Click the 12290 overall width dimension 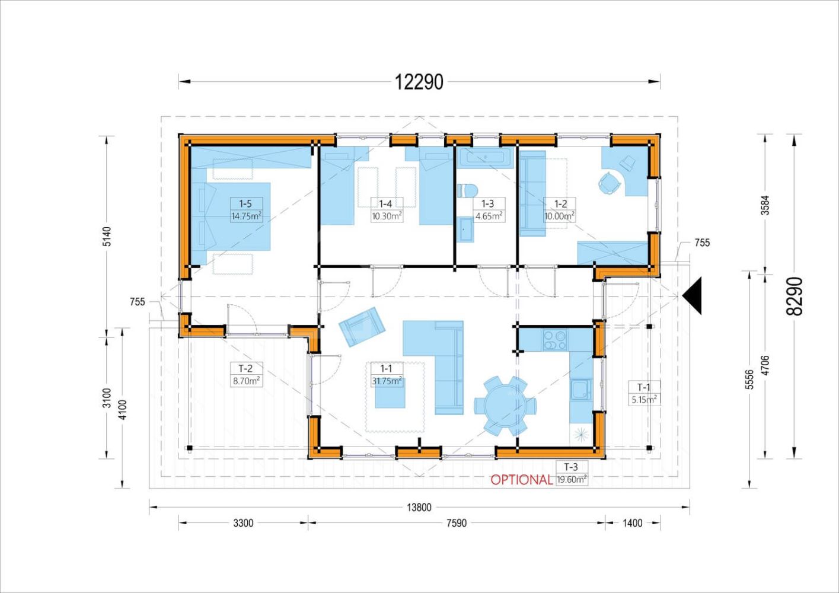(419, 82)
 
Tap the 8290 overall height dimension (795, 296)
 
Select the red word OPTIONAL (521, 480)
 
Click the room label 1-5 (245, 204)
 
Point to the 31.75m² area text (387, 381)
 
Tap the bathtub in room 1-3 (486, 158)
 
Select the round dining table (505, 406)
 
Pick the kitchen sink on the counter (581, 390)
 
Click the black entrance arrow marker (692, 296)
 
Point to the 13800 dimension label (419, 507)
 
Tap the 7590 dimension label (457, 523)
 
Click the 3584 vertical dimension (765, 205)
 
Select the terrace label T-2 (245, 368)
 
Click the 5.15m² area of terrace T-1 (645, 400)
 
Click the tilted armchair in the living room (362, 327)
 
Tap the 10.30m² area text (387, 216)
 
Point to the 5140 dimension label (107, 236)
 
